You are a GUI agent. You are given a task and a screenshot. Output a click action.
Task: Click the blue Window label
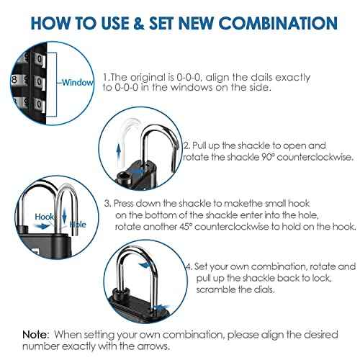click(x=77, y=82)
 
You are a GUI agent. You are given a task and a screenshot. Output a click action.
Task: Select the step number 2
click(x=186, y=145)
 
